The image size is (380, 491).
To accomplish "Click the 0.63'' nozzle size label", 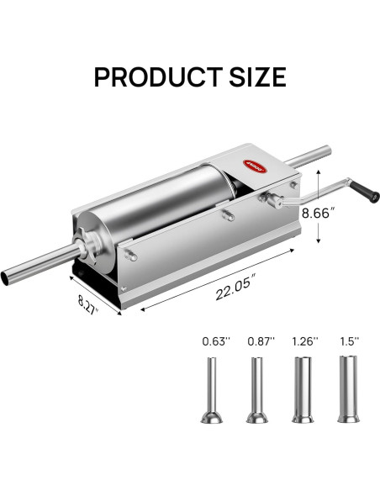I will [214, 341].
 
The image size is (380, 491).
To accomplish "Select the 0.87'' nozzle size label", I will [260, 341].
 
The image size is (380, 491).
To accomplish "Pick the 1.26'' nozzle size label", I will [306, 341].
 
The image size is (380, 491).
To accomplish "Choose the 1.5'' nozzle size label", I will [347, 341].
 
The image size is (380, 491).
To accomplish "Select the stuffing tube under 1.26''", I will [303, 391].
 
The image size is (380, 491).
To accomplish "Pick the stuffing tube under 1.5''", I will [346, 391].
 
